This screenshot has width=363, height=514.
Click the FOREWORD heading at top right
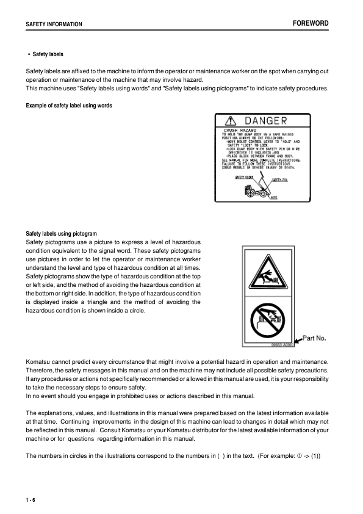pos(311,23)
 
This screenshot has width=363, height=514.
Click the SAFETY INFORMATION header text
pos(54,24)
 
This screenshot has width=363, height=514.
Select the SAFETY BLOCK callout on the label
pos(244,177)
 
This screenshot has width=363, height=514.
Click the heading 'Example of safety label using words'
pos(69,106)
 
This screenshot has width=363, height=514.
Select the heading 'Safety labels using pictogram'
pos(62,233)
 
